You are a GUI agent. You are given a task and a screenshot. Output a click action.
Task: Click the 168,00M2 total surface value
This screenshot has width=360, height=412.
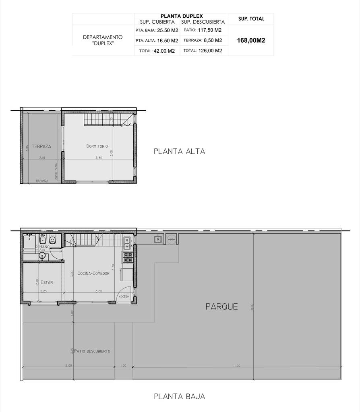251,40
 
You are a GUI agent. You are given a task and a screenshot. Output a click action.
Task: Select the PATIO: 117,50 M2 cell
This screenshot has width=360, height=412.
202,30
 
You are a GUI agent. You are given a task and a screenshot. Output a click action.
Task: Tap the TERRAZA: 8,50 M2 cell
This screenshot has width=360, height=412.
203,40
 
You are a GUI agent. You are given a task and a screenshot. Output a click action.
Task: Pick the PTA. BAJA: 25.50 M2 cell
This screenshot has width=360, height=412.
157,30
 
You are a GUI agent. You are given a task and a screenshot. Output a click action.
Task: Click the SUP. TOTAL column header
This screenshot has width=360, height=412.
251,19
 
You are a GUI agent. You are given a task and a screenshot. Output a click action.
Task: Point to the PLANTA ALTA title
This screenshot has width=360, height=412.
180,152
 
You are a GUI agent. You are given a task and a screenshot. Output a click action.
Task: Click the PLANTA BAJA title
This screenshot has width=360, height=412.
180,397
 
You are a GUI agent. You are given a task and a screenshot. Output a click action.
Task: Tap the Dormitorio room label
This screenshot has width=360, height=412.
97,146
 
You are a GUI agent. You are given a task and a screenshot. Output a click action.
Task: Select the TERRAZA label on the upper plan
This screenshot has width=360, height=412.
41,146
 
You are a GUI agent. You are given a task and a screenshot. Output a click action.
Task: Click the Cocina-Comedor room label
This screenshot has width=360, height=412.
93,274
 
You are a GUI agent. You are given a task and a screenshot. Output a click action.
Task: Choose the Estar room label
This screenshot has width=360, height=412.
46,282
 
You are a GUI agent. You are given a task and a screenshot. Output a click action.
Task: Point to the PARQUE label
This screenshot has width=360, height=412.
222,307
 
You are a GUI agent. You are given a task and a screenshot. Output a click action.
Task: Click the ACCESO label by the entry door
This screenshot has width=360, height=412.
123,296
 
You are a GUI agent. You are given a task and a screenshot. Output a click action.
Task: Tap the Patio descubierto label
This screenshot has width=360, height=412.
92,351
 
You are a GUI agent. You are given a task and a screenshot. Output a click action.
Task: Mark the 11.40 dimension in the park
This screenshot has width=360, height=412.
237,366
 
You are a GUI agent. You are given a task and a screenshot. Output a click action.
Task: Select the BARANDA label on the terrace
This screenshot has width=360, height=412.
41,181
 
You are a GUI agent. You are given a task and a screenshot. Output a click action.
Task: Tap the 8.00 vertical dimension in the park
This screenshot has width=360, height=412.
252,307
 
